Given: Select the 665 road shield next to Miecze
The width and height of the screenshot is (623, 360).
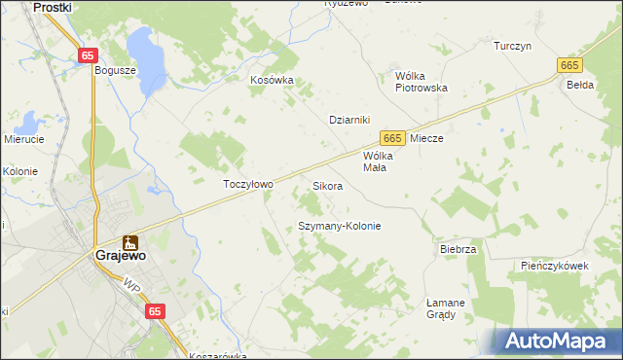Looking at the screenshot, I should pos(392,139).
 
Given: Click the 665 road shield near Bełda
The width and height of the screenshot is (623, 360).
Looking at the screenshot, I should pos(569,64).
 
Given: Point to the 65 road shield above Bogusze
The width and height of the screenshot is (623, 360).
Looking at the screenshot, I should pos(89,55).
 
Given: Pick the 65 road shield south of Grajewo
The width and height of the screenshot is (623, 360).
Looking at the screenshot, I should pos(155,310).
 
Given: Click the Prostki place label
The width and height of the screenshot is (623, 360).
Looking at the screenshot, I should pos(54,7).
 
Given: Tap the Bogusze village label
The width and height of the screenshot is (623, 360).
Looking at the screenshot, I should pos(113,70).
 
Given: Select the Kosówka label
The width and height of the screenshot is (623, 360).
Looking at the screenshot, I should pos(272,81).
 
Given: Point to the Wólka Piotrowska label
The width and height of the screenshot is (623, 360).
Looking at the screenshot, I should pos(421,81).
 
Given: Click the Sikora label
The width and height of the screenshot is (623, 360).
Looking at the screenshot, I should pos(327,185).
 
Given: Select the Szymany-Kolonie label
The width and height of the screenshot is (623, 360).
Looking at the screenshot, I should pos(339,226).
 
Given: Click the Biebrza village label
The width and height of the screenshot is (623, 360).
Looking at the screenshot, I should pos(458,249).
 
